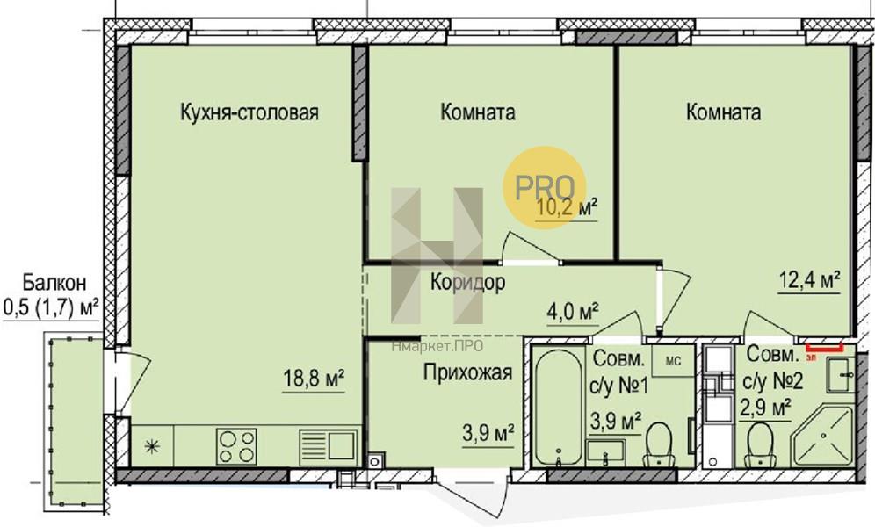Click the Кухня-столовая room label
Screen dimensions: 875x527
point(249,112)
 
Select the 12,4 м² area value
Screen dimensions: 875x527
point(810,280)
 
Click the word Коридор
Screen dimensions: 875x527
point(467,282)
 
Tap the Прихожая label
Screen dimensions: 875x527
point(467,372)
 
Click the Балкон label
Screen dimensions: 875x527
point(54,282)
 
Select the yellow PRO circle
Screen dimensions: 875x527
point(545,187)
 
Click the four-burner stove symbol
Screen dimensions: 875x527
point(237,445)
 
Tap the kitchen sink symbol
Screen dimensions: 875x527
point(328,445)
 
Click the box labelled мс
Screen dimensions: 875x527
point(674,361)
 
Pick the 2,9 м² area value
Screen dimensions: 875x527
point(766,408)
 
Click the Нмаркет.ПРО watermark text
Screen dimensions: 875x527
point(437,346)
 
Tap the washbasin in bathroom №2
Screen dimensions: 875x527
point(839,374)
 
